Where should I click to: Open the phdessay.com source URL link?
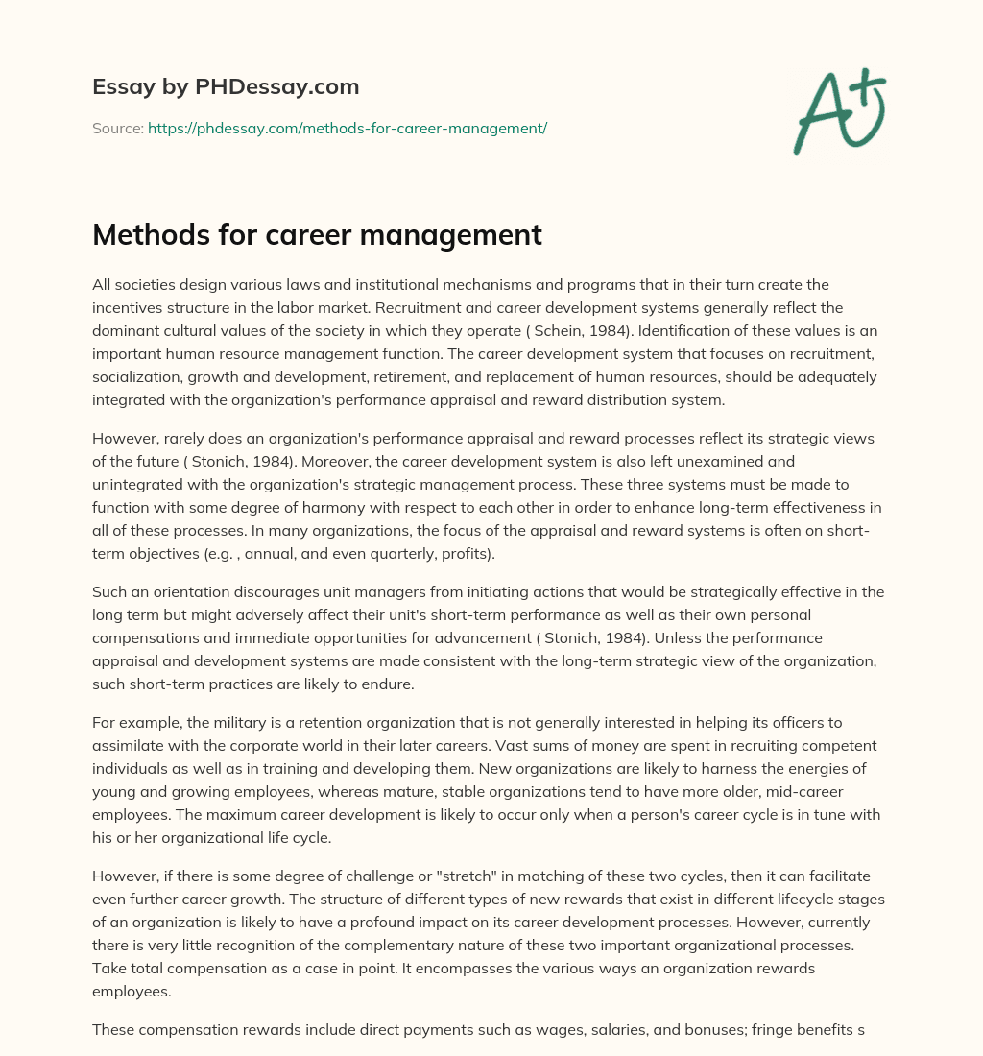point(347,128)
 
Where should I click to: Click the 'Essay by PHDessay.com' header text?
point(226,87)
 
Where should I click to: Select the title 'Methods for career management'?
point(317,235)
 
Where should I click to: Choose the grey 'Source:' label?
point(118,128)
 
